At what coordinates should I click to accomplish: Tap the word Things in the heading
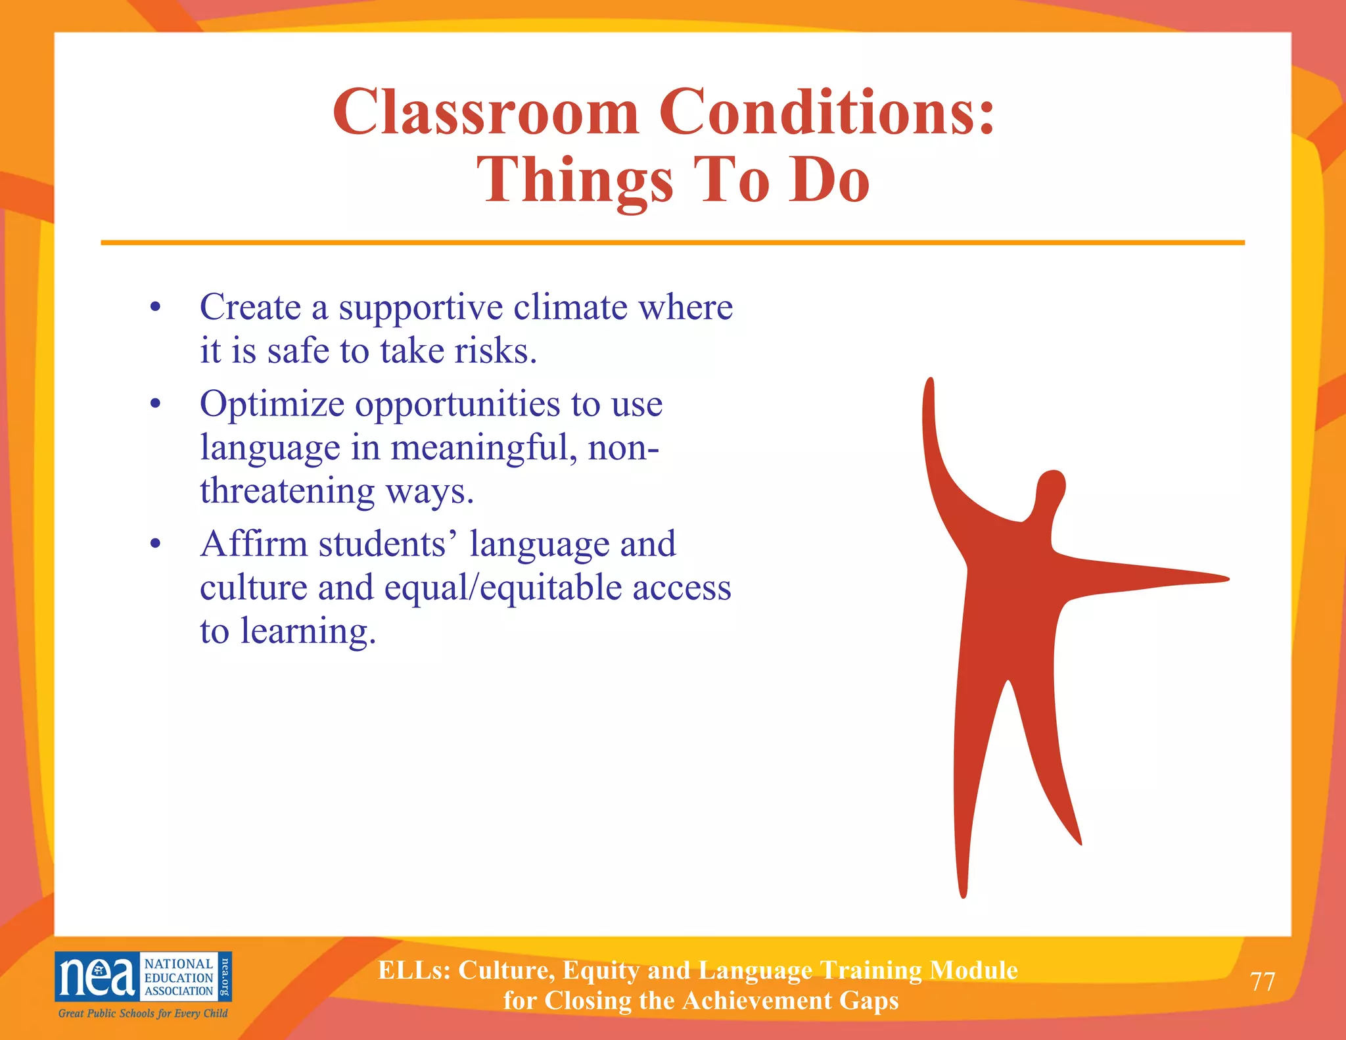[x=575, y=181]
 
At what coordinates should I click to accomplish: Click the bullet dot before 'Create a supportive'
[x=155, y=307]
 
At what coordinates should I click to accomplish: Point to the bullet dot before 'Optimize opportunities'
[x=155, y=404]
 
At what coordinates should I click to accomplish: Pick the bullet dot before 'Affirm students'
[x=155, y=544]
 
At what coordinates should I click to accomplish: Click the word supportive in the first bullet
[x=420, y=308]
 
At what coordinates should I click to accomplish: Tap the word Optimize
[x=271, y=404]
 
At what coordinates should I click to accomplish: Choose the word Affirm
[x=254, y=544]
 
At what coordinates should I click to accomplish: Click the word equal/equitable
[x=503, y=588]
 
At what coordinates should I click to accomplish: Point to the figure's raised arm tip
[x=929, y=385]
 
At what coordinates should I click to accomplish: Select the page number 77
[x=1263, y=981]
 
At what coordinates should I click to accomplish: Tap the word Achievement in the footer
[x=753, y=1001]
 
